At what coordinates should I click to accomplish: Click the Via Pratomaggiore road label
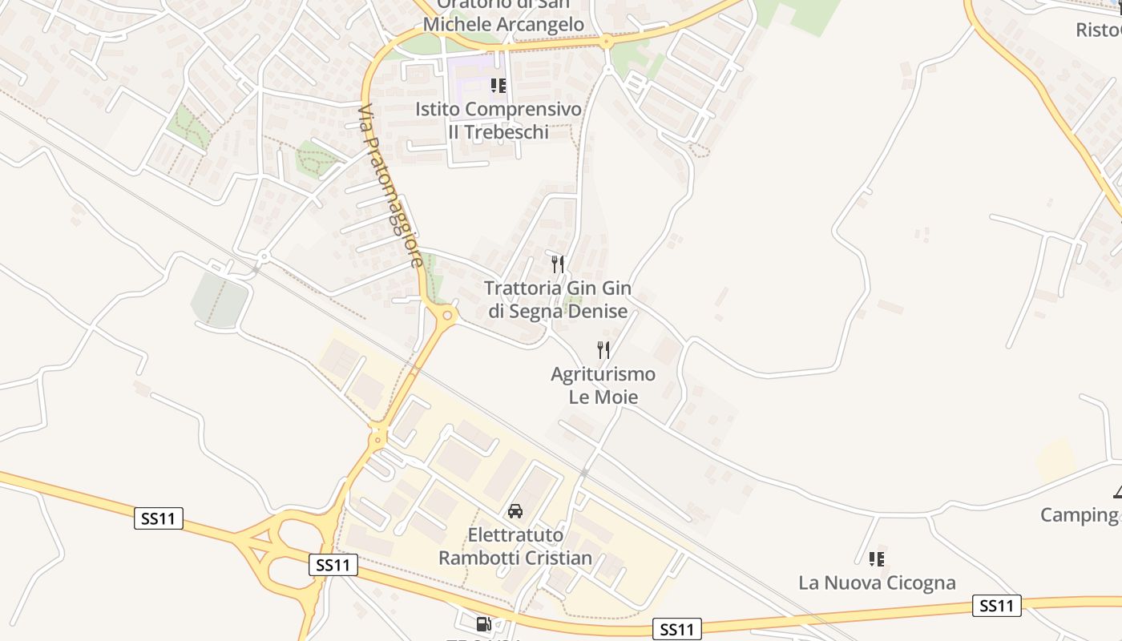click(x=390, y=186)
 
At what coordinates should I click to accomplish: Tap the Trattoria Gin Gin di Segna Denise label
click(x=558, y=300)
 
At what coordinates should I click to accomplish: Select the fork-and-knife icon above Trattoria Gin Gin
click(x=558, y=264)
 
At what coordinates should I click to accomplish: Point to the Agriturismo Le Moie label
click(x=603, y=385)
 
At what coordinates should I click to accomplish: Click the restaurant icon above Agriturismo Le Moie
click(x=603, y=349)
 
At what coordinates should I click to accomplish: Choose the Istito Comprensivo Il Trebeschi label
click(x=498, y=120)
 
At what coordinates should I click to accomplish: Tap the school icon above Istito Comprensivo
click(x=498, y=85)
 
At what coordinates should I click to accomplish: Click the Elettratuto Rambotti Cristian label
click(x=515, y=546)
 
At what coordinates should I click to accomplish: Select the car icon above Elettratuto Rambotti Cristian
click(x=515, y=510)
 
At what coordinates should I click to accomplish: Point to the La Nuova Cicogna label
click(x=877, y=583)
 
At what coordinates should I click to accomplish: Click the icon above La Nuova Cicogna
click(x=877, y=558)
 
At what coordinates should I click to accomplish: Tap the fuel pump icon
click(x=483, y=623)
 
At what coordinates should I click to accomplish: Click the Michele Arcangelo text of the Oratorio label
click(x=503, y=24)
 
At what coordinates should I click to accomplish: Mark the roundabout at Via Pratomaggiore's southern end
click(x=447, y=316)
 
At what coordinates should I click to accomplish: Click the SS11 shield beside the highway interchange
click(x=333, y=565)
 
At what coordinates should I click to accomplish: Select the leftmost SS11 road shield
click(x=159, y=518)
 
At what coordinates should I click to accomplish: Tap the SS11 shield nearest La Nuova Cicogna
click(x=997, y=606)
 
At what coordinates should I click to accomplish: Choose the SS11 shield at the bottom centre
click(x=677, y=629)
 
